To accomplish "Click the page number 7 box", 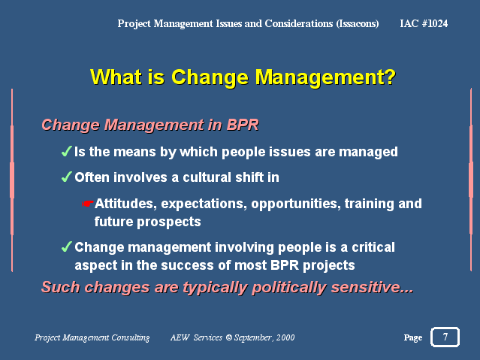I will click(x=445, y=337).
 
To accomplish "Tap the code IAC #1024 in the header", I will click(x=424, y=24).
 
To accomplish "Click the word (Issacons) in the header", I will click(x=355, y=24).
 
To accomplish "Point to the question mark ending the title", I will click(x=389, y=77).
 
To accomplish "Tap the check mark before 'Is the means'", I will click(x=66, y=152).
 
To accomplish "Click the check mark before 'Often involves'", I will click(x=66, y=177).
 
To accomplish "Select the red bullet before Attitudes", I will click(x=87, y=204).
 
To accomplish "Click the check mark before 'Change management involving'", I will click(x=66, y=247).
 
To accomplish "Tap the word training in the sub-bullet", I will click(x=370, y=204).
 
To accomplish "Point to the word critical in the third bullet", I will click(x=370, y=247).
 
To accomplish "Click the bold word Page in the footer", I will click(x=412, y=338).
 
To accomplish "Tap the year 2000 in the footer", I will click(x=285, y=338).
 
